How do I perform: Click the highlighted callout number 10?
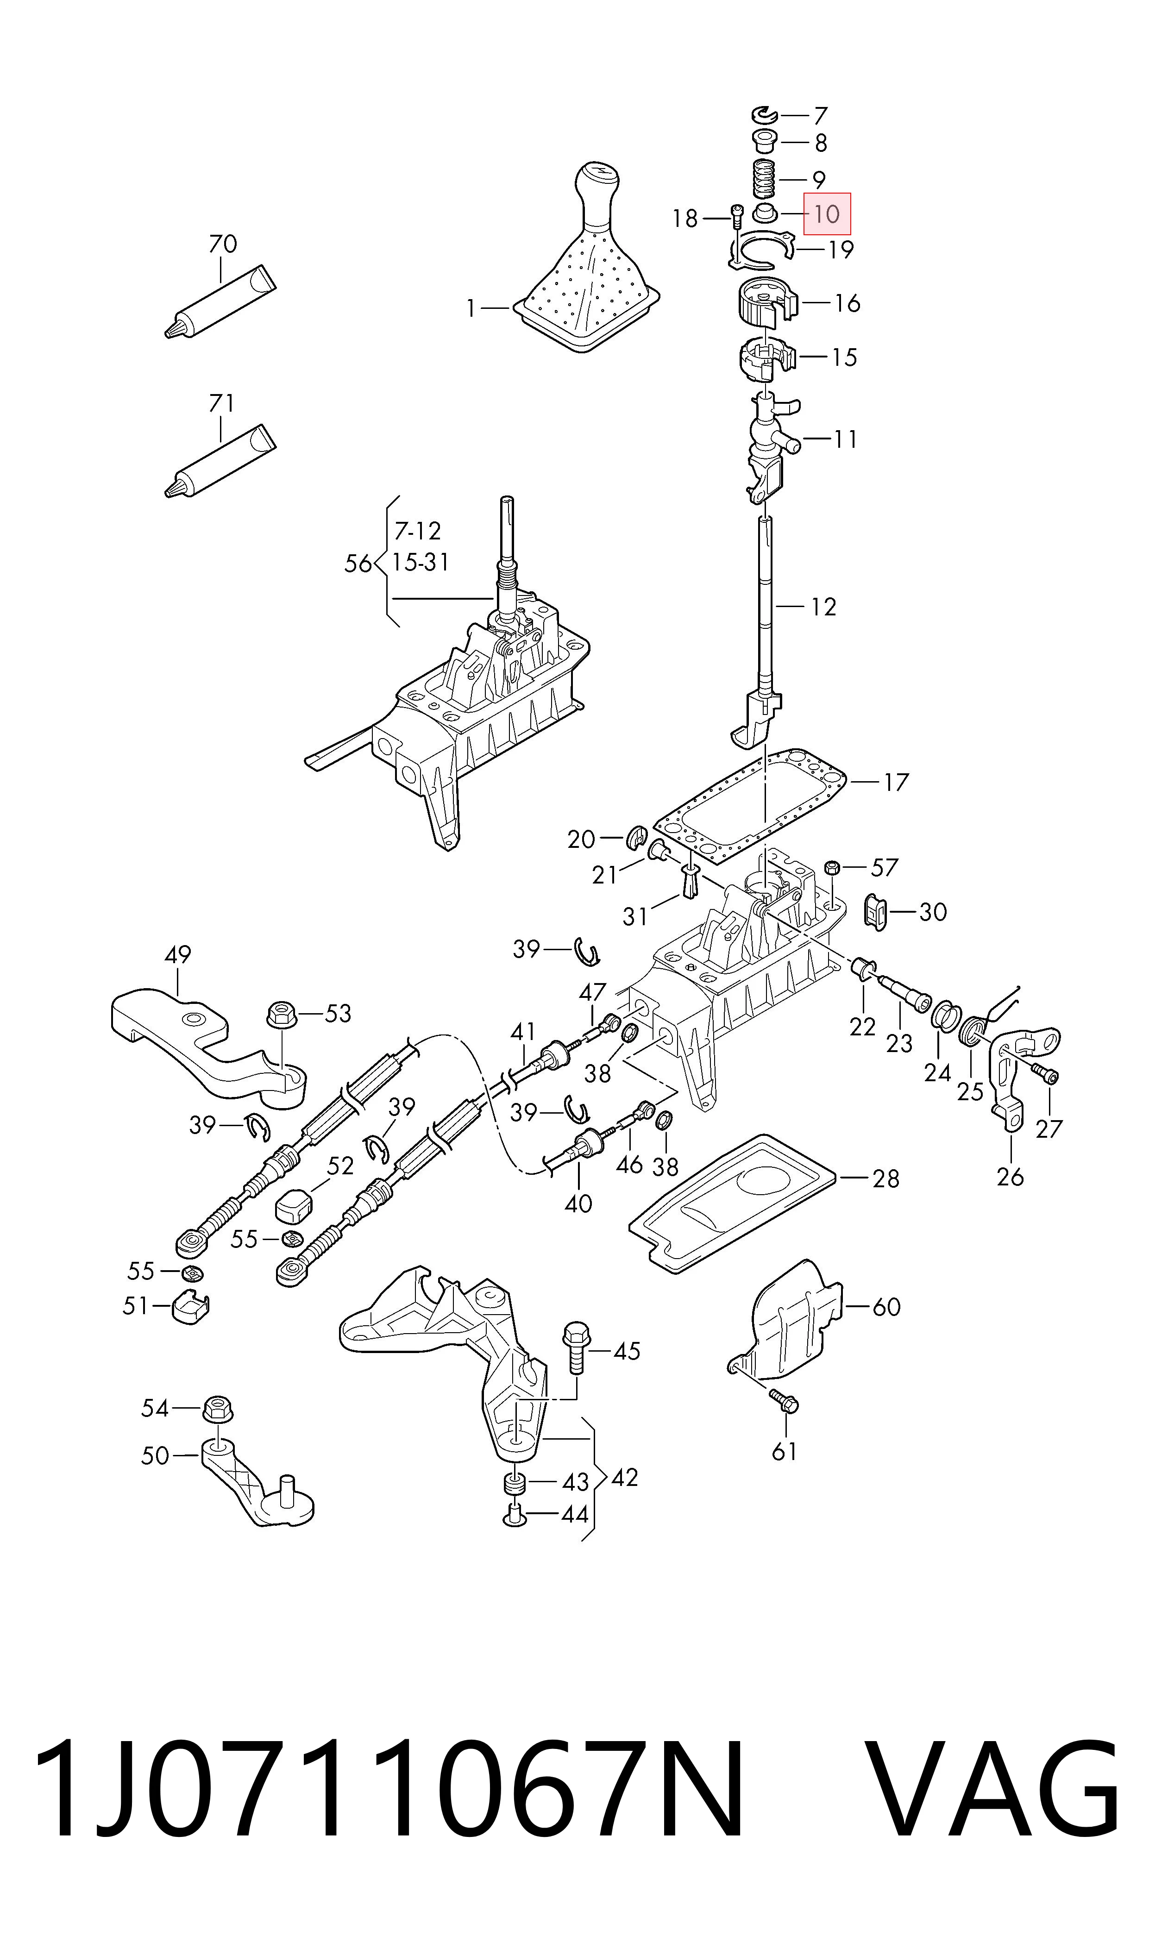coord(827,213)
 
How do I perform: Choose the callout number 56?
coord(358,564)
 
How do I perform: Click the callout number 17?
coord(895,783)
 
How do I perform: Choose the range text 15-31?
coord(421,562)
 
